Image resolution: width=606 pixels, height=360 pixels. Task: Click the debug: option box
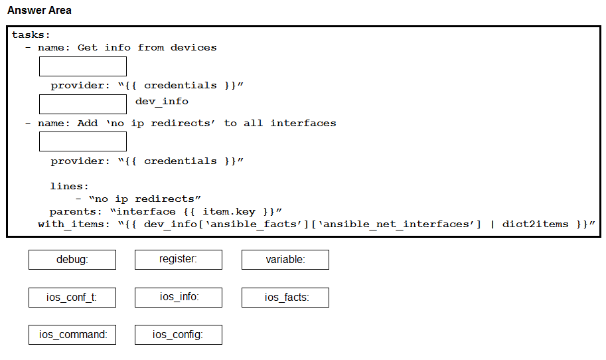(72, 260)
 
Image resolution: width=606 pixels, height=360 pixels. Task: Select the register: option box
(179, 260)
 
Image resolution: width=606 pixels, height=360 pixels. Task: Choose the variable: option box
(285, 260)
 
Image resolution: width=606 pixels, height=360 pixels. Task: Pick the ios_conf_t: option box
(72, 298)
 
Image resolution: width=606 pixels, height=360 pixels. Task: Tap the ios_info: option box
(179, 298)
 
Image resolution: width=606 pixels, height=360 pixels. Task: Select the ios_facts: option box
(285, 298)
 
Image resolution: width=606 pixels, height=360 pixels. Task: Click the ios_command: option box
(72, 335)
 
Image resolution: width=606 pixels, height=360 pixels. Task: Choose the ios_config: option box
(179, 335)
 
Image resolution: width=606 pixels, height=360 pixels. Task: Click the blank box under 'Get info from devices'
(83, 66)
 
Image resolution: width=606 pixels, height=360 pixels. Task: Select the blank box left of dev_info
(83, 104)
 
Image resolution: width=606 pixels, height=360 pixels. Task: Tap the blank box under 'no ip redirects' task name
(83, 141)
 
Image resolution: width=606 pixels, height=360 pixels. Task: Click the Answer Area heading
(39, 11)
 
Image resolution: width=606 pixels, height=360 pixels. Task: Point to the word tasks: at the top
(31, 35)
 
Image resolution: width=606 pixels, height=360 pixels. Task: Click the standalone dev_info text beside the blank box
(162, 102)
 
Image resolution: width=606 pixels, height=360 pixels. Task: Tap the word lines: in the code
(69, 187)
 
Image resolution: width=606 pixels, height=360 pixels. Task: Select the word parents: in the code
(76, 211)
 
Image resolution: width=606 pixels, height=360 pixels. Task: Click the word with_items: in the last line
(74, 225)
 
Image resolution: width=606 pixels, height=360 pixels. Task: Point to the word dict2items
(535, 225)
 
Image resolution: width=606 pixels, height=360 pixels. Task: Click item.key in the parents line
(229, 212)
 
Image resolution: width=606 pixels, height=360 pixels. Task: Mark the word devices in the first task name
(194, 48)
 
